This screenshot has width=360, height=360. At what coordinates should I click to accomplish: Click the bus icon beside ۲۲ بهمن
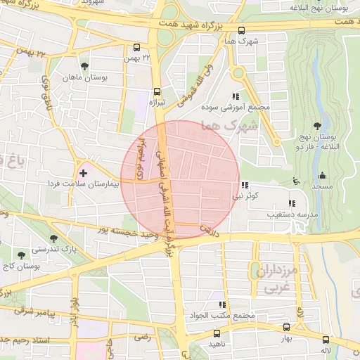point(136,49)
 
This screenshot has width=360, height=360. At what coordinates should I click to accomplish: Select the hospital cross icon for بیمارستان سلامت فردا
point(84,172)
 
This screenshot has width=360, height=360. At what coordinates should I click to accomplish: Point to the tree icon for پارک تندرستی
point(54,238)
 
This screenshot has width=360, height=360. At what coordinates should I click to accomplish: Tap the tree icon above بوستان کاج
point(22,252)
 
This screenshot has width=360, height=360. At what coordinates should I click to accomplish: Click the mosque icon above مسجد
point(323,175)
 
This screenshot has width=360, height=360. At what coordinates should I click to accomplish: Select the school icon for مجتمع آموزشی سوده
point(235,97)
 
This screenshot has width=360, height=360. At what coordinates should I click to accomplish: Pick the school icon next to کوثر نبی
point(245,186)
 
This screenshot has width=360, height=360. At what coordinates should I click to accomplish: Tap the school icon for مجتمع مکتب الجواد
point(223,304)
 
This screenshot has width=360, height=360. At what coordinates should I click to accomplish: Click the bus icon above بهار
point(285,327)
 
